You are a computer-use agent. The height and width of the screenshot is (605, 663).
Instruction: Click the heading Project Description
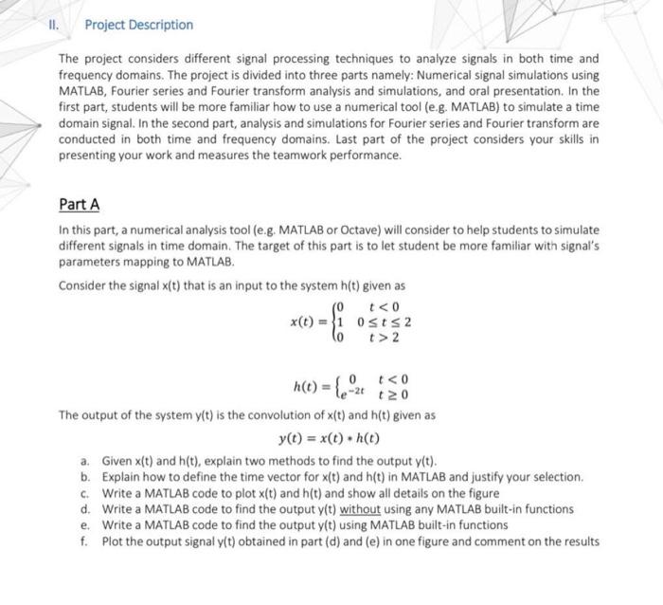(x=138, y=25)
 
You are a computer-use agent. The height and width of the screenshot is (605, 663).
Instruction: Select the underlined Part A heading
(x=79, y=204)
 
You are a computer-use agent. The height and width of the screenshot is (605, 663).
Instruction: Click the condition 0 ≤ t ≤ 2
(x=384, y=321)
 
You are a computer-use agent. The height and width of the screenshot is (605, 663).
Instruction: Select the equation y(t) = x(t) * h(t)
(x=329, y=438)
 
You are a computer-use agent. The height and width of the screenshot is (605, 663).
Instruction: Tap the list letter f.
(x=85, y=541)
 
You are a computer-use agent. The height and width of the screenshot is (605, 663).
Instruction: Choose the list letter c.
(x=85, y=493)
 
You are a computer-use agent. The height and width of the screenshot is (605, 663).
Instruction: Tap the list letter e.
(x=85, y=525)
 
